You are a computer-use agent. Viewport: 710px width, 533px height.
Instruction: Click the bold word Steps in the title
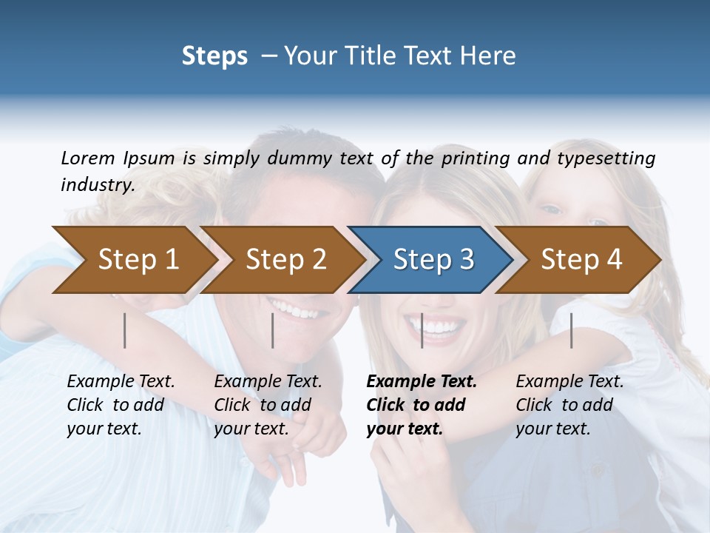214,56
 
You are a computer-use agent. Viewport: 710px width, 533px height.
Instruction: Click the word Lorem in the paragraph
87,158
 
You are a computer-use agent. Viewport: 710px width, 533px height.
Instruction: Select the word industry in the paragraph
97,184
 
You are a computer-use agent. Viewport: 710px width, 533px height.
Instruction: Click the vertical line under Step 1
125,330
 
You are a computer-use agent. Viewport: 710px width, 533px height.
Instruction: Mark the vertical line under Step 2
273,330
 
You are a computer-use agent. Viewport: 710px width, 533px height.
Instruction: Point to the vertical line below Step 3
422,330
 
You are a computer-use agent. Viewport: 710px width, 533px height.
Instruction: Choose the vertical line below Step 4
572,330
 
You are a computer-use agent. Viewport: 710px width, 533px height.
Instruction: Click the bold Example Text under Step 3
422,382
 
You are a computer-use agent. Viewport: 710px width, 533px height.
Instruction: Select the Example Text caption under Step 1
121,382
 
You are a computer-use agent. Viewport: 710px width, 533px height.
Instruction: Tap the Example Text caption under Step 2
268,382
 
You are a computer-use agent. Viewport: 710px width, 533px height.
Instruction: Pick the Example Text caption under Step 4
569,382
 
